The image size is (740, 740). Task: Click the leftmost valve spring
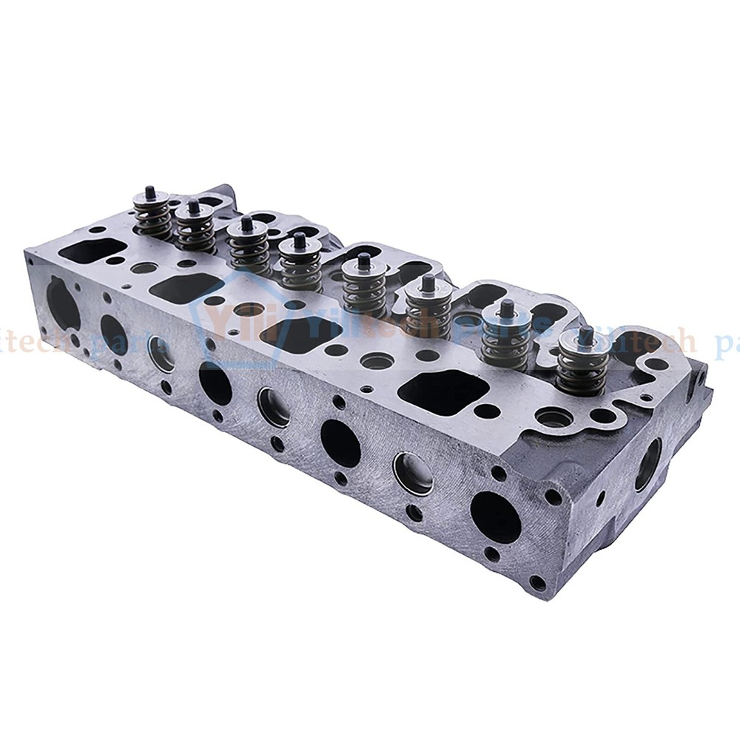coord(152,216)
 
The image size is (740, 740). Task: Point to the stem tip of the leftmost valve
coord(150,191)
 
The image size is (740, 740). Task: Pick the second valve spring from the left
coord(195,228)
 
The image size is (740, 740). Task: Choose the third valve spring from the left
coord(248,247)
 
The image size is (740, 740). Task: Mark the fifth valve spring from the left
coord(364,289)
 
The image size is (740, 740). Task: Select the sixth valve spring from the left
coord(428,311)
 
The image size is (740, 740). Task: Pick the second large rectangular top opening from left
coord(186,287)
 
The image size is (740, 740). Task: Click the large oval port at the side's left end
coord(63,303)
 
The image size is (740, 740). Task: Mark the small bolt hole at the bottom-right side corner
coord(537,583)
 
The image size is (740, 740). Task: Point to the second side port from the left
coord(113,334)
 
